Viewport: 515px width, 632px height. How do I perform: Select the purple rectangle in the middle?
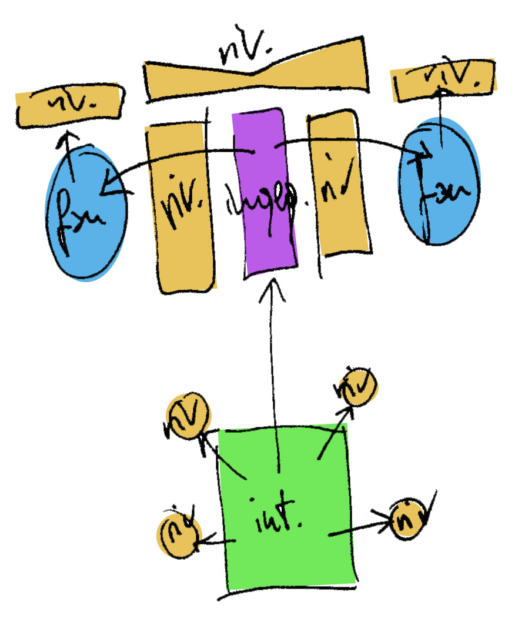(265, 235)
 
